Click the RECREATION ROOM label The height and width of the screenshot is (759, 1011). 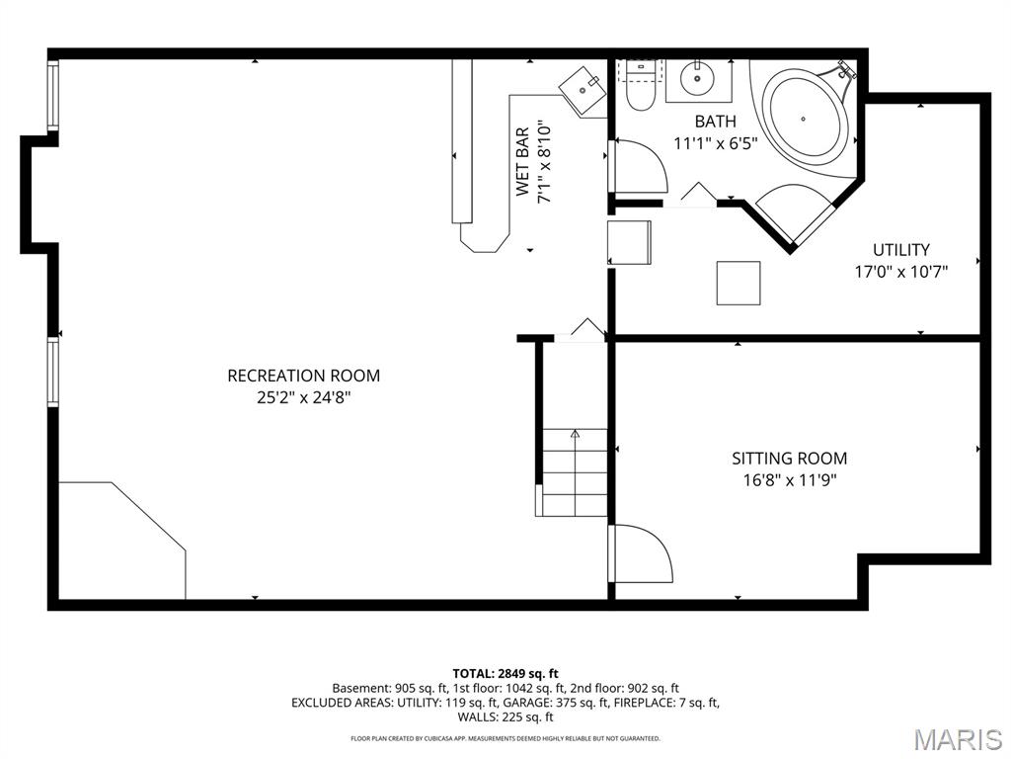point(303,376)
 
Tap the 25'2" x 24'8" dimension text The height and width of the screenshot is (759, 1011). point(303,397)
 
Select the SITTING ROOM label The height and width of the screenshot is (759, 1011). point(789,459)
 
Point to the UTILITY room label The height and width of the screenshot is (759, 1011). point(900,250)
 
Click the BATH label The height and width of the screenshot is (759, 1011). point(715,122)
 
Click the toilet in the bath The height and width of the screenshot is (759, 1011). point(641,86)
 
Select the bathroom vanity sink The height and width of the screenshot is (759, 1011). point(698,77)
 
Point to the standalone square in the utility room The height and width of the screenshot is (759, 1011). point(738,283)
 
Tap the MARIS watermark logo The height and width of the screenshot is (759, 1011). point(957,739)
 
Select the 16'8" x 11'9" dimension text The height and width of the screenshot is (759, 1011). point(789,480)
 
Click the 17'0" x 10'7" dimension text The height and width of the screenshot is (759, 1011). point(900,272)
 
